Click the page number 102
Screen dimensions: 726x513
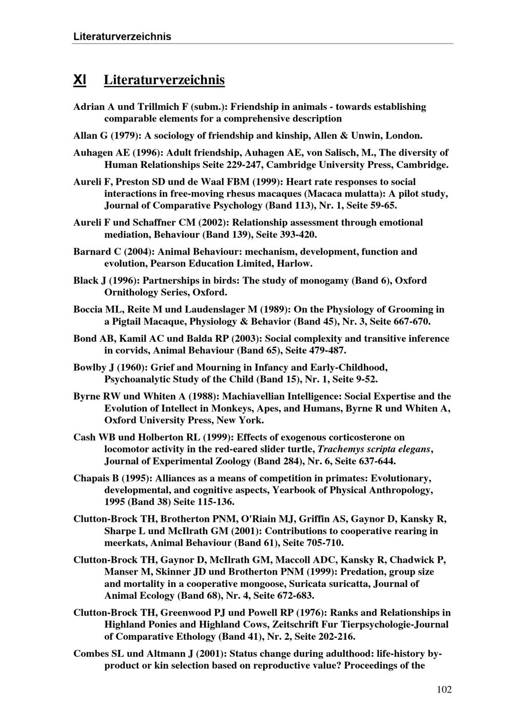pyautogui.click(x=444, y=690)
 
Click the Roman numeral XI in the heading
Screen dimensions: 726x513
pyautogui.click(x=80, y=80)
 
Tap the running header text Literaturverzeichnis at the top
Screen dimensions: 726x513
pyautogui.click(x=122, y=36)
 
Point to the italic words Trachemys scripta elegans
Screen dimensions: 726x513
pyautogui.click(x=374, y=449)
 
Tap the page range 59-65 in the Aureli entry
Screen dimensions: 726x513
pyautogui.click(x=383, y=206)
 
